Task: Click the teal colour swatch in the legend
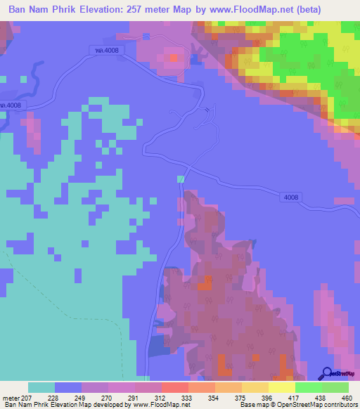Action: pyautogui.click(x=41, y=388)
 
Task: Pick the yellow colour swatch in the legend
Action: pyautogui.click(x=282, y=388)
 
